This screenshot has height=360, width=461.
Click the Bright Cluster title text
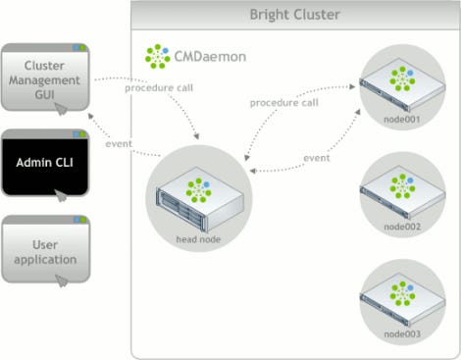tap(293, 14)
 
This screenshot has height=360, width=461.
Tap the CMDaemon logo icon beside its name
tap(157, 56)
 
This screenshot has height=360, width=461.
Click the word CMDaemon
tap(208, 57)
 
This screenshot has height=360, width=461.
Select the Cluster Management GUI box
tap(45, 77)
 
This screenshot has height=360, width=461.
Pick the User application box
tap(45, 250)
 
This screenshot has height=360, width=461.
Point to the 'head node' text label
tap(198, 238)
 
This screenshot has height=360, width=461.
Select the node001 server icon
tap(402, 82)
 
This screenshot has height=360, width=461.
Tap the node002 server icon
tap(402, 189)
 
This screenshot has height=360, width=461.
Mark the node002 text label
tap(401, 227)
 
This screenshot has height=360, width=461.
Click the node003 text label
tap(401, 335)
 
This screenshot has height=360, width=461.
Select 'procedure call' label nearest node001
tap(284, 101)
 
